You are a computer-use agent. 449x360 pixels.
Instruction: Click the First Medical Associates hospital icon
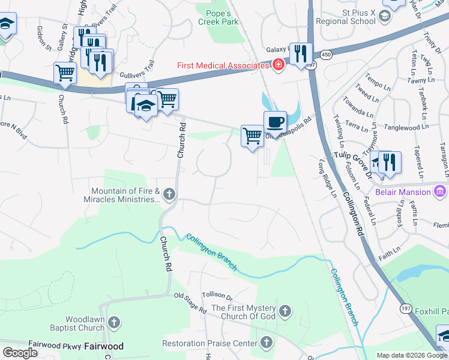pyautogui.click(x=278, y=65)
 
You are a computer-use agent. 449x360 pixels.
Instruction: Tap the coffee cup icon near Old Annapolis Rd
pyautogui.click(x=275, y=122)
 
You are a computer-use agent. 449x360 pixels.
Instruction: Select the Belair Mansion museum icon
pyautogui.click(x=440, y=192)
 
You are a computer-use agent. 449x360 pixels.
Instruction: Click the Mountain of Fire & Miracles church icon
pyautogui.click(x=169, y=194)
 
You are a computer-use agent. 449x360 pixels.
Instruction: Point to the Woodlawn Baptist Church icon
pyautogui.click(x=115, y=323)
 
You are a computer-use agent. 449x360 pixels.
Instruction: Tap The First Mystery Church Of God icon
pyautogui.click(x=285, y=311)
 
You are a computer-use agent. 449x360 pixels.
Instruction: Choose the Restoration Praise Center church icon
pyautogui.click(x=267, y=344)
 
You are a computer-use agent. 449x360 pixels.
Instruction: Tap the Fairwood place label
pyautogui.click(x=104, y=346)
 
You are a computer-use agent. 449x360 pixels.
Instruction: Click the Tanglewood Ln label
pyautogui.click(x=406, y=127)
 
